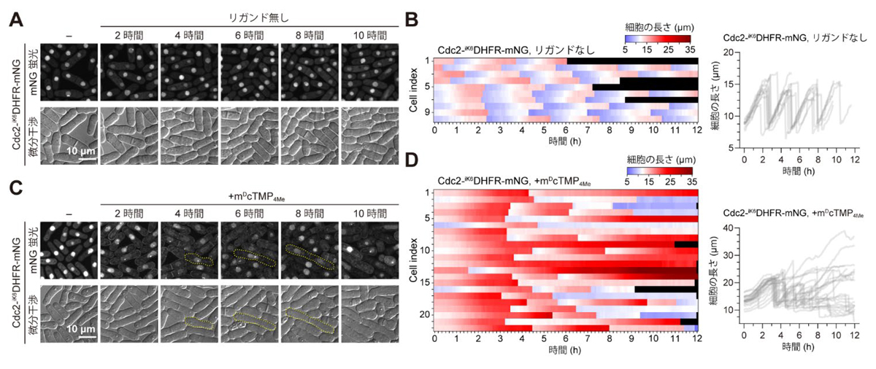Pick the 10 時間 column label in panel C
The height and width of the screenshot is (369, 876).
coord(369,213)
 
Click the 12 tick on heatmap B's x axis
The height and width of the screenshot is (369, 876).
coord(698,130)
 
